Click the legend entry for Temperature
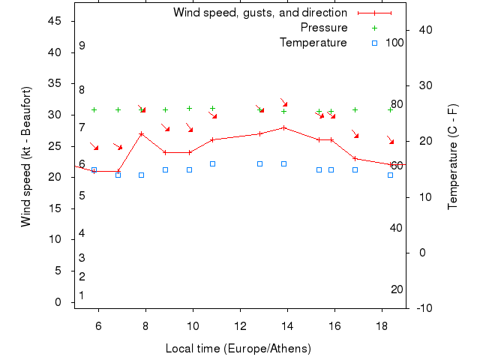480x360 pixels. point(313,43)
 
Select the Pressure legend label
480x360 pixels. point(324,28)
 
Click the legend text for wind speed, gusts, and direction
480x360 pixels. point(259,13)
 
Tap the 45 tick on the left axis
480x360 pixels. point(55,21)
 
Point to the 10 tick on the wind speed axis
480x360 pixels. point(55,239)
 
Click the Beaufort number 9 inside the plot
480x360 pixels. point(82,46)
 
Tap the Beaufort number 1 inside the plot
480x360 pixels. point(82,295)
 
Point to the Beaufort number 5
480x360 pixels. point(82,196)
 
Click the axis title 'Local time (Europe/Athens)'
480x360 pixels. point(238,349)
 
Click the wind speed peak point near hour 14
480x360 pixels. point(283,127)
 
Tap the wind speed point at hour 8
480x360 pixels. point(142,134)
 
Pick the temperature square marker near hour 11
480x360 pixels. point(212,163)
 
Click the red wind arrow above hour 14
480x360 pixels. point(284,103)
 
